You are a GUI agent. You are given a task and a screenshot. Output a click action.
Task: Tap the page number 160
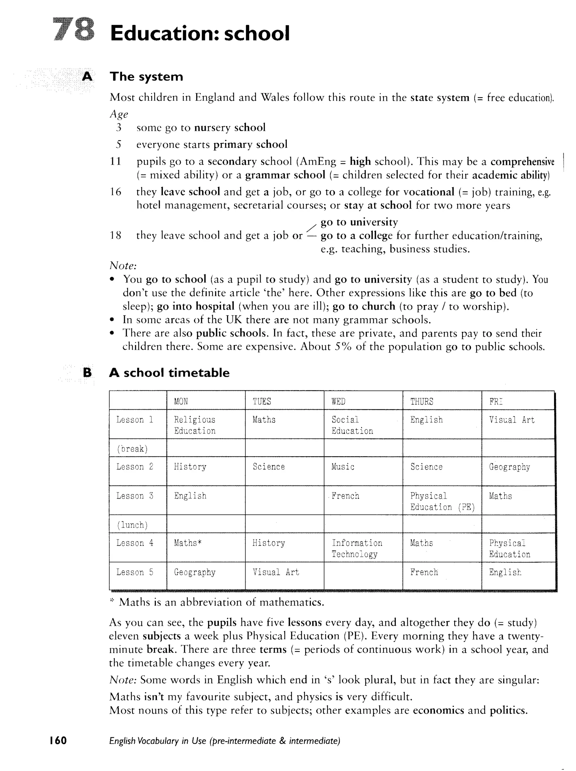click(x=58, y=740)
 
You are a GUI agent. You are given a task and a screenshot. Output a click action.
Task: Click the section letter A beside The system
click(x=87, y=76)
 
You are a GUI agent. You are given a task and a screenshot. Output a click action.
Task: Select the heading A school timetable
click(x=169, y=373)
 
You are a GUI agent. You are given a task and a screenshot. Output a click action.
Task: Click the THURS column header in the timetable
click(x=422, y=402)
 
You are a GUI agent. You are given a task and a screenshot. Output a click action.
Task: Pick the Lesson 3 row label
click(x=135, y=496)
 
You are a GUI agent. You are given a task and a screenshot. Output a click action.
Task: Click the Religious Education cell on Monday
click(x=195, y=425)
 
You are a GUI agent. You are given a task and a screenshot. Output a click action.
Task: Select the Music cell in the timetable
click(x=343, y=467)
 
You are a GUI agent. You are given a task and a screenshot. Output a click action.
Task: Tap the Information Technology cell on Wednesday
click(x=357, y=548)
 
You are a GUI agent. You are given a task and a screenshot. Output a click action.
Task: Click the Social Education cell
click(x=352, y=425)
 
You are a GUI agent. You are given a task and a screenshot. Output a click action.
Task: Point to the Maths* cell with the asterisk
click(x=188, y=543)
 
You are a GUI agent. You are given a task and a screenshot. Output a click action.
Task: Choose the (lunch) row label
click(x=132, y=525)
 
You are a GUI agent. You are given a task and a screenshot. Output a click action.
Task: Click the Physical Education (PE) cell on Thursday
click(x=442, y=501)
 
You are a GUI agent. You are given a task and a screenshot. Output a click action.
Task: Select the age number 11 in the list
click(x=115, y=162)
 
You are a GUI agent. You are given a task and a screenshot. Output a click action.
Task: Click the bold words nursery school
click(x=229, y=127)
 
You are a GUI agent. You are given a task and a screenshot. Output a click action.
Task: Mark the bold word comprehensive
click(x=522, y=162)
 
